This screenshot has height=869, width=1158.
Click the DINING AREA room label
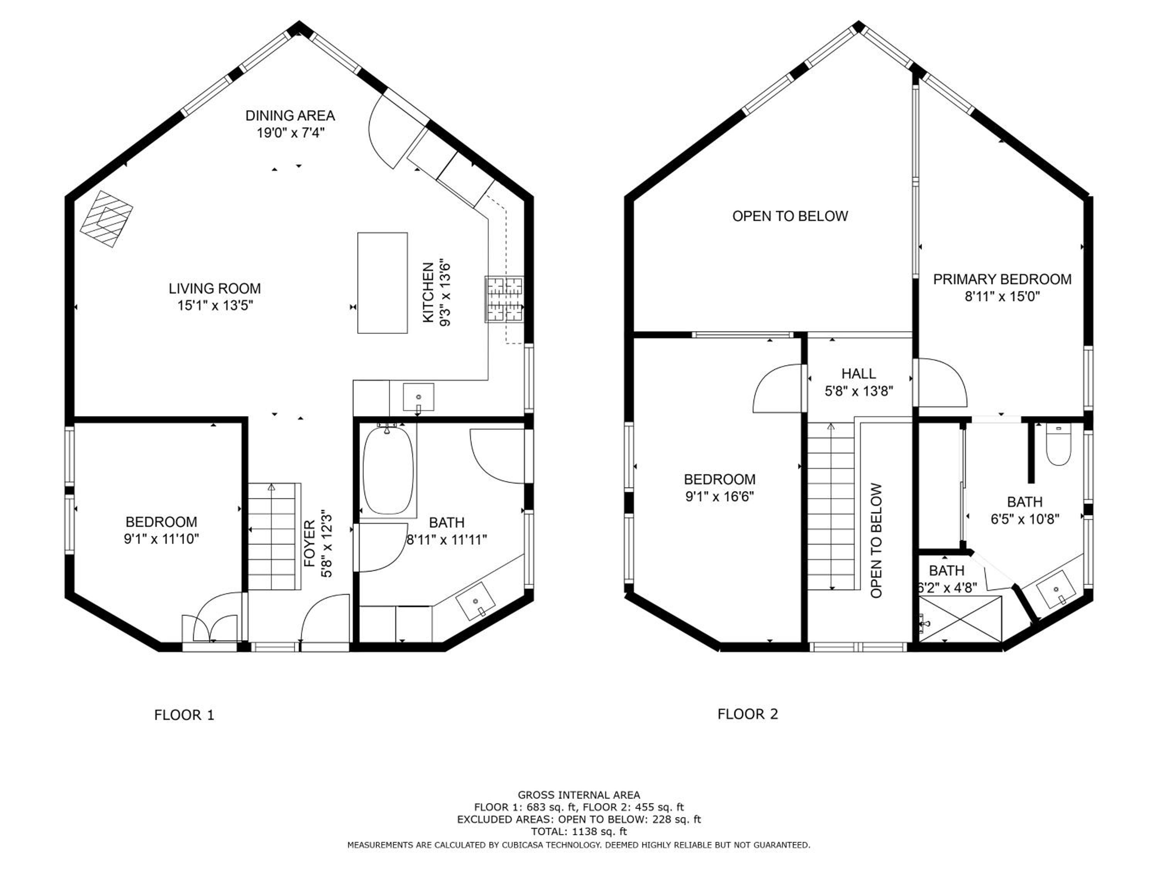290,115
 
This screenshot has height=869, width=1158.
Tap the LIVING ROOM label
215,288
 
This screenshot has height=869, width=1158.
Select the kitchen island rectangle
382,283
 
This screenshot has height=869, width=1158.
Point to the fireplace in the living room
106,219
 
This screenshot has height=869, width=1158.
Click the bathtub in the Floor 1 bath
388,470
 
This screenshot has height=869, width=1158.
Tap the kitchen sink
418,397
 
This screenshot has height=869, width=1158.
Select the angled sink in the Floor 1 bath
475,601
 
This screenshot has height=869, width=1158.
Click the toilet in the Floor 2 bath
1058,445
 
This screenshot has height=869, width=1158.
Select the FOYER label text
310,543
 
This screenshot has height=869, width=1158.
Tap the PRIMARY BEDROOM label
1002,279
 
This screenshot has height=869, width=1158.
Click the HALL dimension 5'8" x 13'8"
858,391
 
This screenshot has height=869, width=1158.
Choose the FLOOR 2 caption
748,714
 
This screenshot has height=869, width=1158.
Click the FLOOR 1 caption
184,715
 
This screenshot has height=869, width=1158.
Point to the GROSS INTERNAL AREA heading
579,794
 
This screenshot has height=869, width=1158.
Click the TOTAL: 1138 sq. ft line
579,831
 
